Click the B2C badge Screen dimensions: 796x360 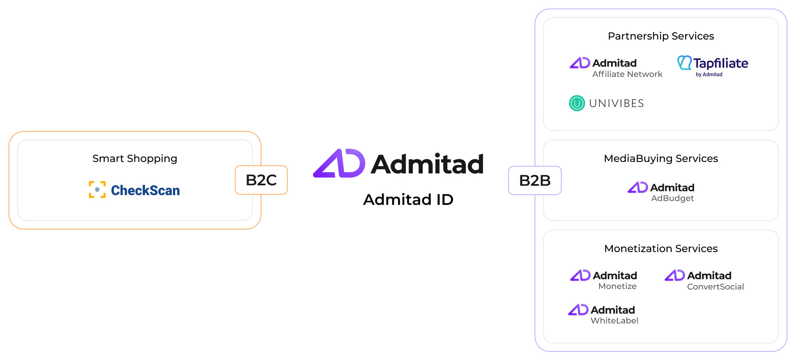[261, 180]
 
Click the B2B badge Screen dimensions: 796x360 [535, 180]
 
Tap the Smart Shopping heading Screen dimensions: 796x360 [135, 159]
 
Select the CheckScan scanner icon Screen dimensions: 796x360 [97, 190]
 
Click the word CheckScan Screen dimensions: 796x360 [145, 190]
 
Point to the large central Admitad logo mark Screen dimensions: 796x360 [339, 163]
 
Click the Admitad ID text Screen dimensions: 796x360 [408, 199]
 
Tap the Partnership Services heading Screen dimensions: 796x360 [661, 36]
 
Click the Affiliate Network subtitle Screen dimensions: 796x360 [627, 74]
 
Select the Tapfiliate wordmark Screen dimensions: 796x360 [721, 63]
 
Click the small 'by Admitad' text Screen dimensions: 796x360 [709, 74]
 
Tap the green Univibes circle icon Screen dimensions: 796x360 [577, 103]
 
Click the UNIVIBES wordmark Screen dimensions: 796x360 [617, 103]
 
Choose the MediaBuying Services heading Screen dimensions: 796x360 [661, 159]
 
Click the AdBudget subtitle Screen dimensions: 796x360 [672, 198]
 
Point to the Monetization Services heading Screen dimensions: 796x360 [661, 249]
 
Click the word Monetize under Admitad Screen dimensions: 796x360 [617, 286]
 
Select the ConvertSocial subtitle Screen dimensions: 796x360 [716, 287]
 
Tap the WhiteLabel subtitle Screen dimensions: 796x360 [614, 321]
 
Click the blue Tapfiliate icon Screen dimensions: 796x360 [684, 62]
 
